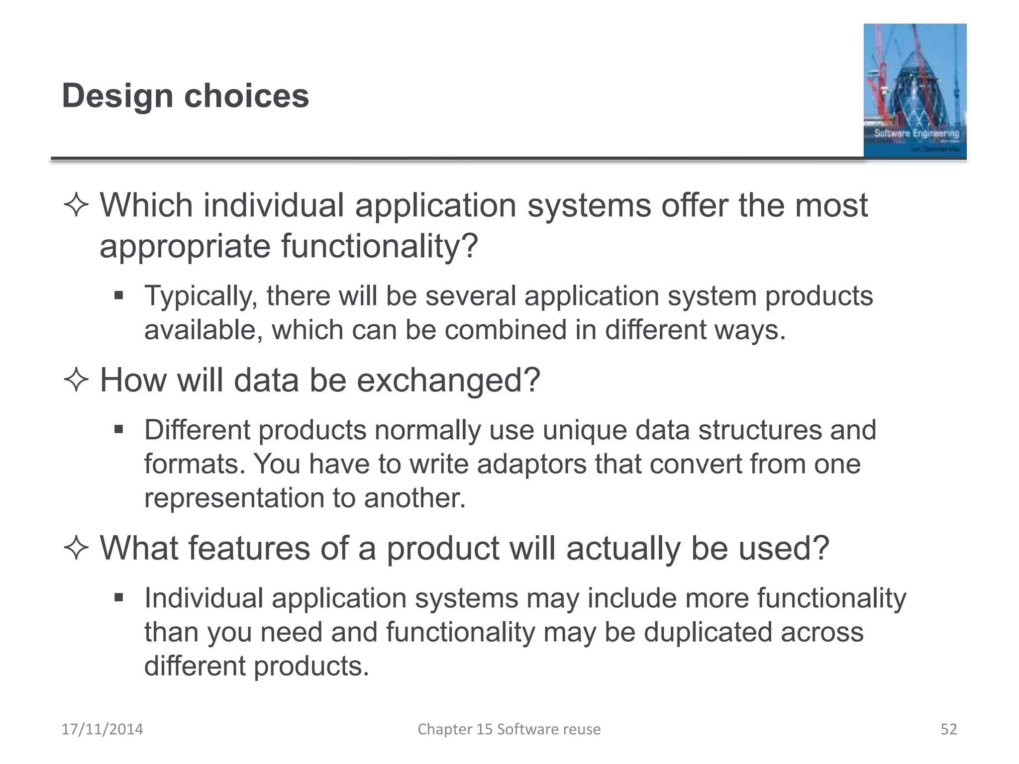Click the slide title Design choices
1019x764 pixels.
pos(185,95)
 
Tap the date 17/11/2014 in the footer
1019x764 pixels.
pos(102,729)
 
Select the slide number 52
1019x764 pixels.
pos(948,729)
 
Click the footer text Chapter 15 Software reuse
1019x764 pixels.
pos(509,729)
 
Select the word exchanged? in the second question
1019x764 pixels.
pos(448,381)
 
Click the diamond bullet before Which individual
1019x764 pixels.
pos(76,205)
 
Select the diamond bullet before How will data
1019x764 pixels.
pos(76,381)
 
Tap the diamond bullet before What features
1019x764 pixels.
pos(76,549)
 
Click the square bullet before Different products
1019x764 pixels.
pos(118,429)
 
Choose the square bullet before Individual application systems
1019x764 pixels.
pos(118,597)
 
